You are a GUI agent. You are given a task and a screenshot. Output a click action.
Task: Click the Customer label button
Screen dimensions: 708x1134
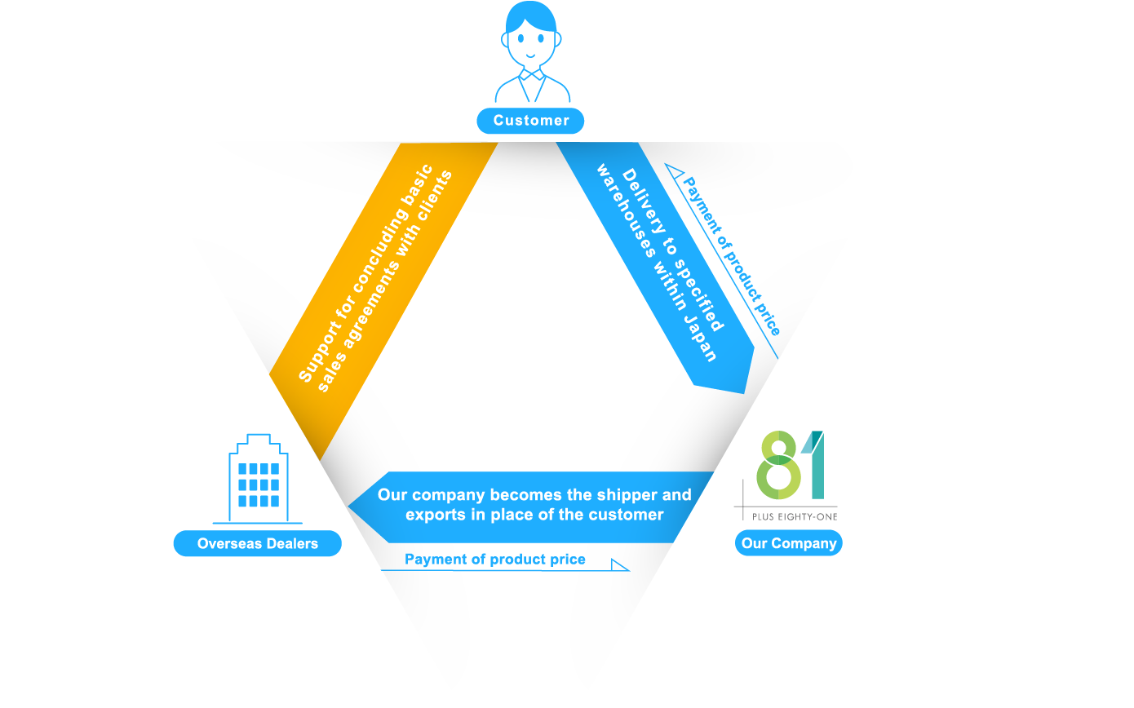coord(530,121)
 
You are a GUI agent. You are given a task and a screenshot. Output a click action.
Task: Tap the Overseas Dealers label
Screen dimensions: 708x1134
coord(257,544)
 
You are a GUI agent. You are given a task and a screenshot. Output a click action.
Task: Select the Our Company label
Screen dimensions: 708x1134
coord(788,543)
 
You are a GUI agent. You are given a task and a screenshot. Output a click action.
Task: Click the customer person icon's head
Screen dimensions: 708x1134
coord(531,37)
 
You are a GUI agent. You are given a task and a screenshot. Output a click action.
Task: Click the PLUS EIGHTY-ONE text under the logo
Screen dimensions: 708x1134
coord(789,517)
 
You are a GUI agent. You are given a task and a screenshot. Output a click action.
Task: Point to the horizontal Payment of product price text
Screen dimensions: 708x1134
coord(494,560)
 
